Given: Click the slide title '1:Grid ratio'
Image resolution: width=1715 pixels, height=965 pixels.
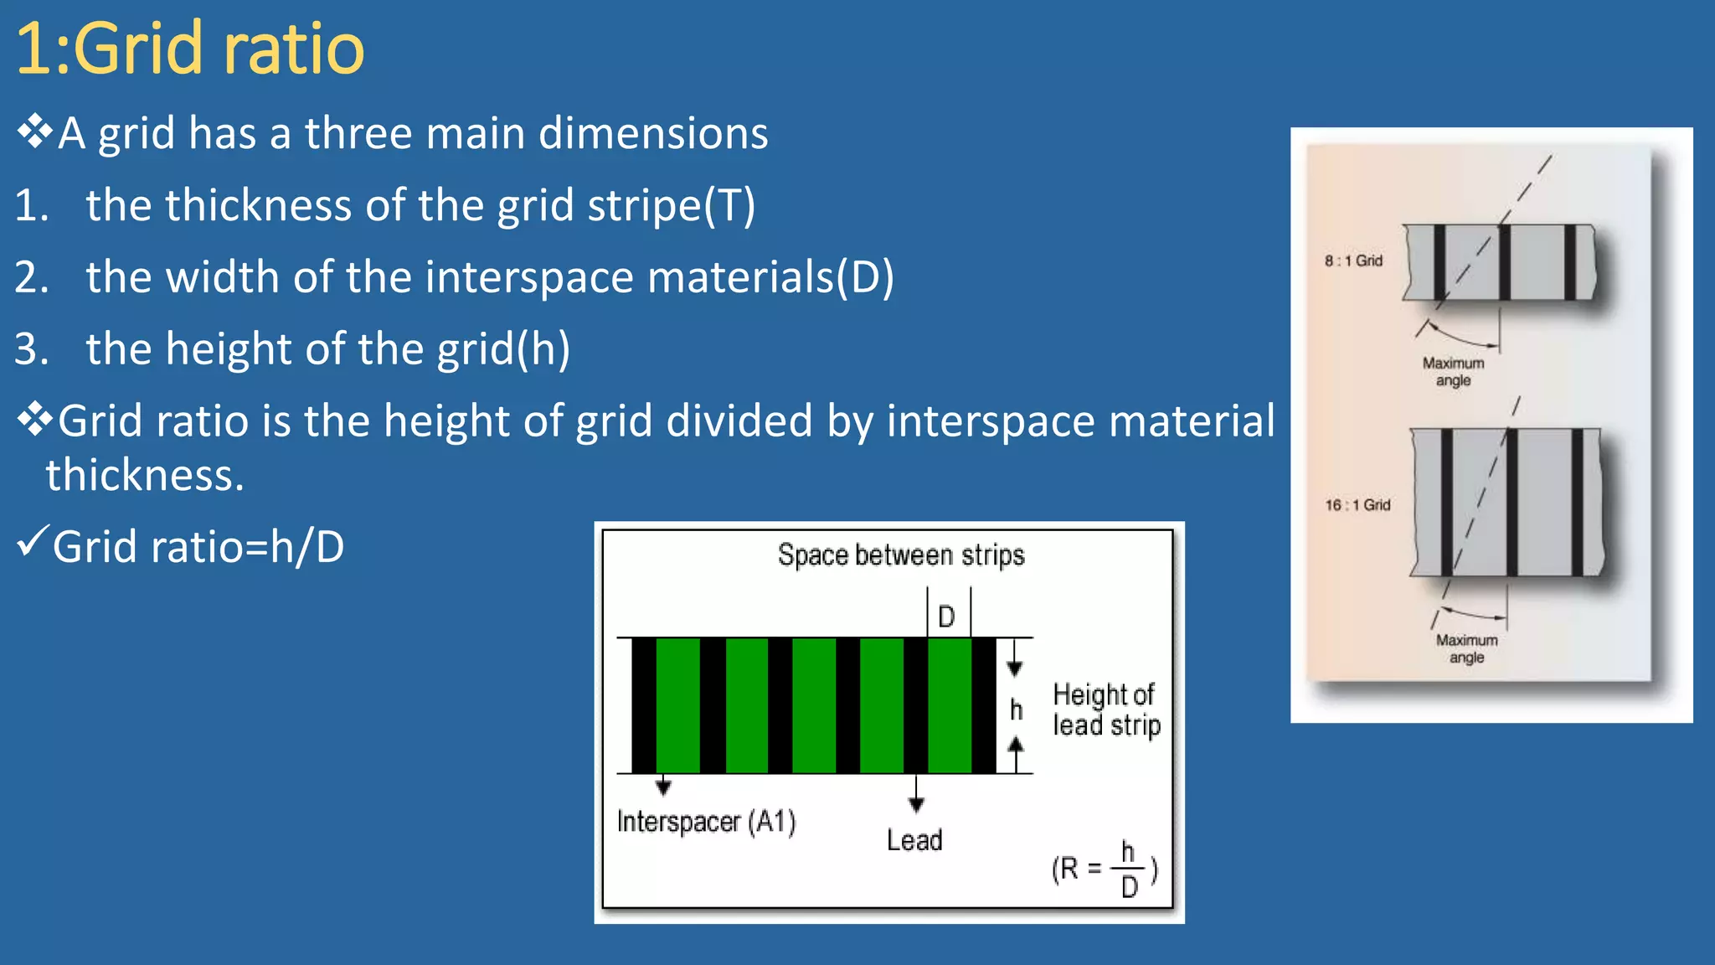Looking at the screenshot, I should point(190,49).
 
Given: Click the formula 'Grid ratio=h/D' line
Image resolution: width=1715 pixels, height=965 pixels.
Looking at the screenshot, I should point(198,547).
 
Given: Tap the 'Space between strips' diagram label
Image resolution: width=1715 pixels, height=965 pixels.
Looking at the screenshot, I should point(901,555).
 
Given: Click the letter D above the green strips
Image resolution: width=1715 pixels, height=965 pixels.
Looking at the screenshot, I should point(946,617).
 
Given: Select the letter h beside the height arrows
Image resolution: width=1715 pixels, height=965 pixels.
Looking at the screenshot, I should point(1016,710).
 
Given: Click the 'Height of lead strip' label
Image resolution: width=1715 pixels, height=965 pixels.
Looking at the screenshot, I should point(1106,710).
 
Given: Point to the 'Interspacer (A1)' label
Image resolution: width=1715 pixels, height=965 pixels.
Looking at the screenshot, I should point(706,822).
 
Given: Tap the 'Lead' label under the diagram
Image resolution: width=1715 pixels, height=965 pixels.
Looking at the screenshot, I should point(914,840).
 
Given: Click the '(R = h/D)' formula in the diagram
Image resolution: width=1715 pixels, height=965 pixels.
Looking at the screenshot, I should point(1105,870).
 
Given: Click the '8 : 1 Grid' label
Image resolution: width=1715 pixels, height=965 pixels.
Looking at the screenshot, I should point(1353,261).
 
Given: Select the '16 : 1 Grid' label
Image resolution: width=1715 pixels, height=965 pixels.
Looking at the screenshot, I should point(1357,505).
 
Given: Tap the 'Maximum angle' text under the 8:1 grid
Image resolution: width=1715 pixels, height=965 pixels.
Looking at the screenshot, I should point(1453,372).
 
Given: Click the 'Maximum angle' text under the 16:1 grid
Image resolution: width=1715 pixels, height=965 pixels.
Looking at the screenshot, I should point(1466,649).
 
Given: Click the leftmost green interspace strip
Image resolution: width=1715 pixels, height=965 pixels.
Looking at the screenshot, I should point(677,705).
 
